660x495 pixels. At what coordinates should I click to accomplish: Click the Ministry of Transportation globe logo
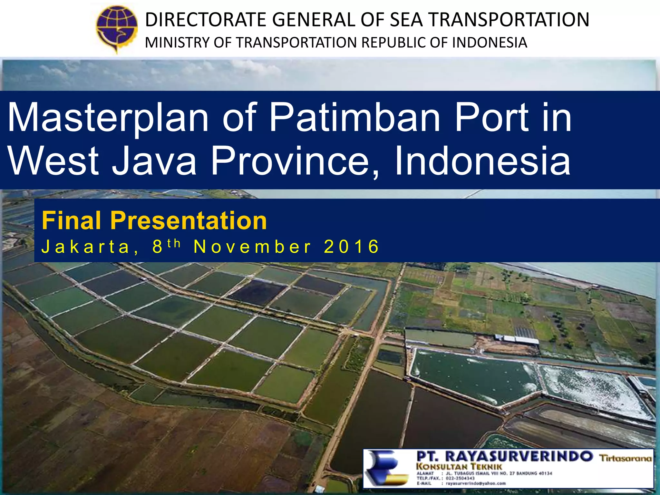117,28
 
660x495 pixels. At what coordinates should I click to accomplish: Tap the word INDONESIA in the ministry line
490,43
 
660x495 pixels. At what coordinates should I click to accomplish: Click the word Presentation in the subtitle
189,221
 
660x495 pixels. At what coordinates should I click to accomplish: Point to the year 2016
352,247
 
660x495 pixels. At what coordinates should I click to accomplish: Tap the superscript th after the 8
174,243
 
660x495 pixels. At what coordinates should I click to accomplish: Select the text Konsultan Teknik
459,466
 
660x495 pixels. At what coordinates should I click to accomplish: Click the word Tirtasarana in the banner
625,458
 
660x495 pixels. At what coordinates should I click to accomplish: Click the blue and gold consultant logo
388,468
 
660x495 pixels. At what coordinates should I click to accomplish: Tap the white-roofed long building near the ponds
517,339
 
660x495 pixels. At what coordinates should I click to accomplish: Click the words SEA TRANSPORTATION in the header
490,20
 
